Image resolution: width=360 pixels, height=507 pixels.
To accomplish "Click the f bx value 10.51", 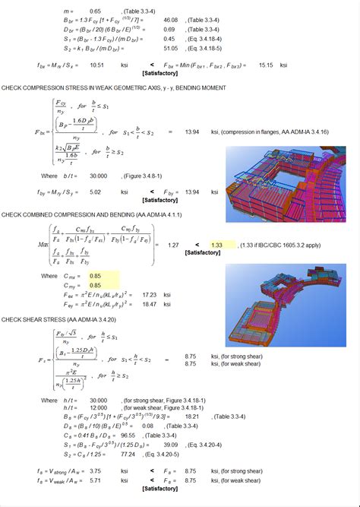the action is tap(96, 65).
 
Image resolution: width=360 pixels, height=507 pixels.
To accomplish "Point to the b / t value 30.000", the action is tap(97, 176).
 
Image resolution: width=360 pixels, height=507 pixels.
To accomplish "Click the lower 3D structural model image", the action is tap(286, 304).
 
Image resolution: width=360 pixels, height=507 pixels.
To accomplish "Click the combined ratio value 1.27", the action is tap(172, 246).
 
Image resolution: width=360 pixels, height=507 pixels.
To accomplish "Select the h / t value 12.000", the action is tap(97, 408).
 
